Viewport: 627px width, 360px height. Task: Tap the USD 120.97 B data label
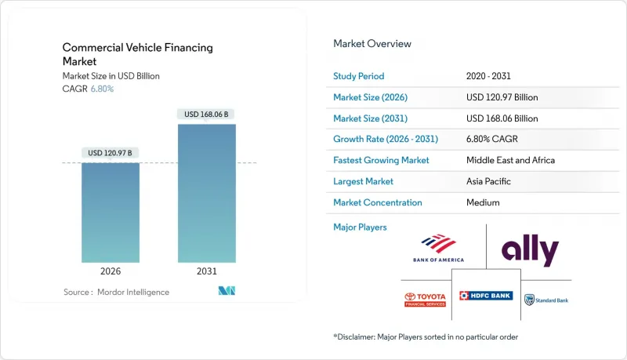pos(111,152)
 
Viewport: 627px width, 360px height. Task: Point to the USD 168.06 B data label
pos(207,114)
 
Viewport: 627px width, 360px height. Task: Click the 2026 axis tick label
pos(111,271)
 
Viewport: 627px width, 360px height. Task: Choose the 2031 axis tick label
pos(207,271)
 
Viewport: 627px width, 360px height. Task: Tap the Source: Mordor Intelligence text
pos(116,292)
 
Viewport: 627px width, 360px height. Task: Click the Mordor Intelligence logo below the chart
pos(227,292)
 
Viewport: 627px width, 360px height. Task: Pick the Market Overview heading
pos(372,44)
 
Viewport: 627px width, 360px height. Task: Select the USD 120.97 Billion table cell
pos(502,97)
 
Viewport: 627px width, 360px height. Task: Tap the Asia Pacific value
pos(487,181)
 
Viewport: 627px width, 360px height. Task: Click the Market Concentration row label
pos(378,202)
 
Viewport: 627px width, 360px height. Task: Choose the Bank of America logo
pos(437,248)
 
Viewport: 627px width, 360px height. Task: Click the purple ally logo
pos(530,251)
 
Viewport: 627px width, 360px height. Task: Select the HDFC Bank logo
pos(486,296)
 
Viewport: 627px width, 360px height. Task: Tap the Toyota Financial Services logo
pos(424,299)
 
